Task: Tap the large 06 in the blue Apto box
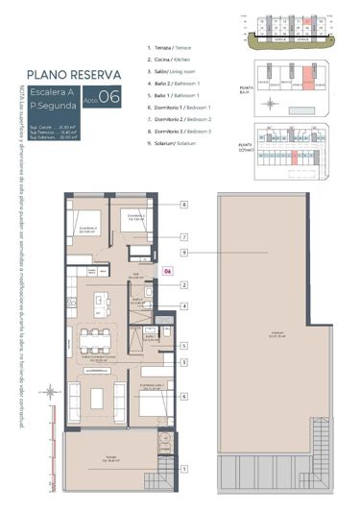pyautogui.click(x=108, y=96)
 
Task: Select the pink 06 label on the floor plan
pyautogui.click(x=166, y=272)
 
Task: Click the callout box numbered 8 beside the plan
pyautogui.click(x=183, y=205)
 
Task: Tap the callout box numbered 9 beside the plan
pyautogui.click(x=183, y=253)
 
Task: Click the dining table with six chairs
pyautogui.click(x=94, y=337)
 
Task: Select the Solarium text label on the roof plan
pyautogui.click(x=276, y=335)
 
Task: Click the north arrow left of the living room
pyautogui.click(x=51, y=391)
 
